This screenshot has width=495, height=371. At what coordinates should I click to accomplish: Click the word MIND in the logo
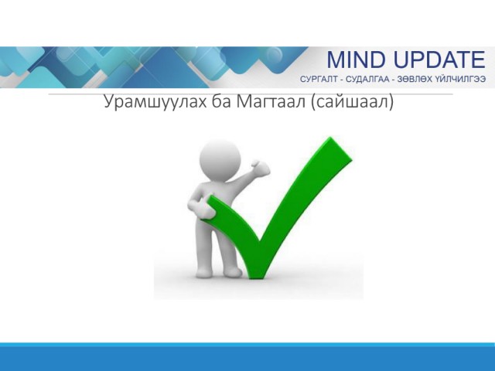pos(356,60)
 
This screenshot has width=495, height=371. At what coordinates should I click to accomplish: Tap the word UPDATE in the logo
pos(439,60)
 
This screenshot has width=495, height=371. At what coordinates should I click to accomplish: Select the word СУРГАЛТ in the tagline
pos(319,79)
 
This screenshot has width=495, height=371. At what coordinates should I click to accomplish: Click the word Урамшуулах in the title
pos(155,102)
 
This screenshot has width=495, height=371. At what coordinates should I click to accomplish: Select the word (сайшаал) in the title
pos(352,102)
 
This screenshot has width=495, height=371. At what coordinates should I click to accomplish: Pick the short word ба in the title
pos(221,101)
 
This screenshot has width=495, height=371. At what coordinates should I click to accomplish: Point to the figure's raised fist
pos(261,168)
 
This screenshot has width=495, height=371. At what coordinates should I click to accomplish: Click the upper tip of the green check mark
pos(331,138)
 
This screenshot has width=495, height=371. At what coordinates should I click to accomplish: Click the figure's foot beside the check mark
pos(234,272)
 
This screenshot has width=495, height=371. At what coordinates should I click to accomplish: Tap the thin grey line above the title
pos(251,94)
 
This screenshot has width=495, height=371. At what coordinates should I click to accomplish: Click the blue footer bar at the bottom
pos(247,357)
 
